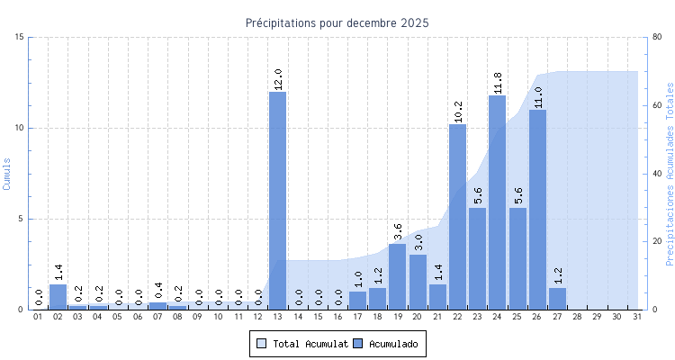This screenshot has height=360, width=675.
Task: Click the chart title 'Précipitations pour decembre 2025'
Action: coord(337,22)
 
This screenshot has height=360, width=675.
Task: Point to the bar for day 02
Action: coord(58,297)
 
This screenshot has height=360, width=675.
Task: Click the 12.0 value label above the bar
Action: coord(278,79)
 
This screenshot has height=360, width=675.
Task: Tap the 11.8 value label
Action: coord(498,83)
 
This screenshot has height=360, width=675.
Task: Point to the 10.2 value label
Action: coord(458,112)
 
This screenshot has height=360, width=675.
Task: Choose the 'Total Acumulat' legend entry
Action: coord(301,344)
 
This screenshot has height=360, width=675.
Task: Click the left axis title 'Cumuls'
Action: coord(7,173)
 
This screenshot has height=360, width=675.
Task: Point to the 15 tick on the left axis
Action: coord(20,37)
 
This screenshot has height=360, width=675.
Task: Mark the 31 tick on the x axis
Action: coord(637,317)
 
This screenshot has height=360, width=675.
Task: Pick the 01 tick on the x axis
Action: coord(39,317)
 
